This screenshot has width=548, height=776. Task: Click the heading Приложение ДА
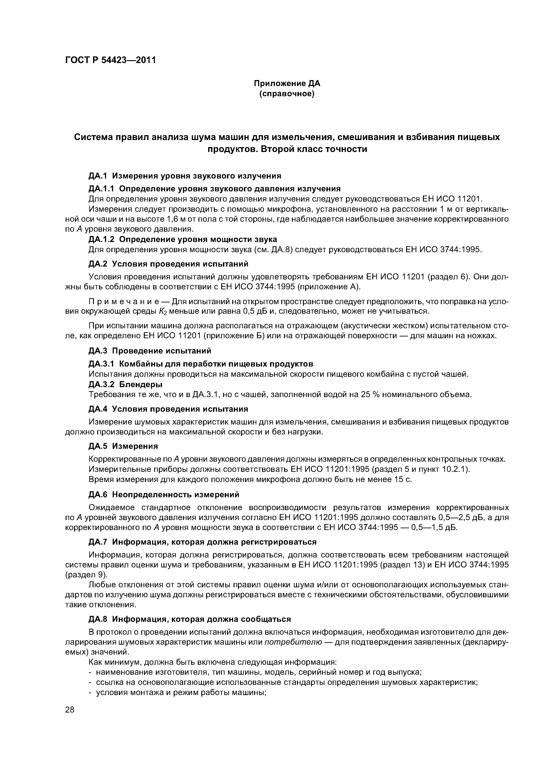(x=287, y=83)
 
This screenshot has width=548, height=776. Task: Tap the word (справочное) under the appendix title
(x=287, y=94)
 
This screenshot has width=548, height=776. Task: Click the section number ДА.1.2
(x=101, y=239)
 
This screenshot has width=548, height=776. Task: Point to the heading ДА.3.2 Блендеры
(x=125, y=384)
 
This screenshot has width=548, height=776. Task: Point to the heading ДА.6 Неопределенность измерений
(x=164, y=494)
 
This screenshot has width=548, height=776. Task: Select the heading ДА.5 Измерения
(x=123, y=446)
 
